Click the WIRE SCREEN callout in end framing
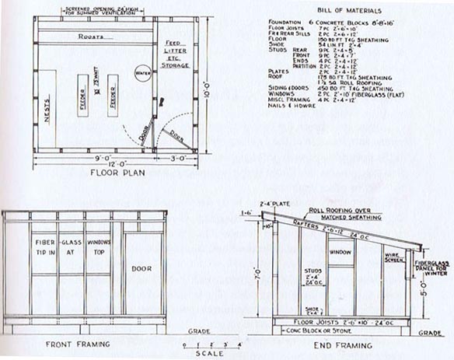(x=395, y=256)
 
